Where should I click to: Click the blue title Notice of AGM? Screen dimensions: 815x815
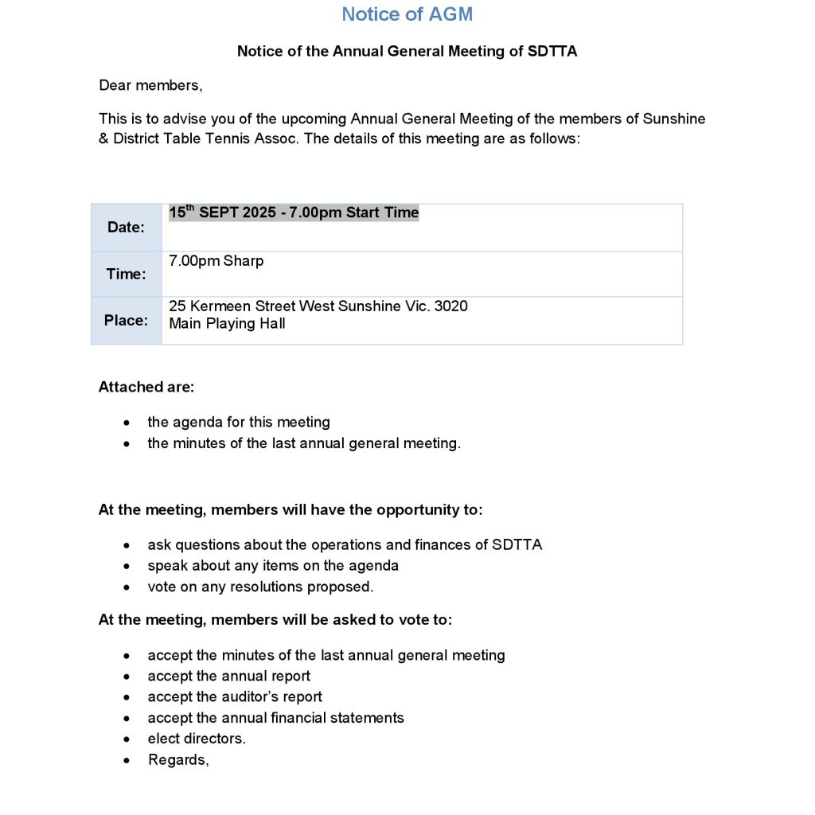tap(407, 14)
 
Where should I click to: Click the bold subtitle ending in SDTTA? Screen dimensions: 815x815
tap(407, 52)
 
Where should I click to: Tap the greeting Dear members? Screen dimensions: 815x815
tap(150, 85)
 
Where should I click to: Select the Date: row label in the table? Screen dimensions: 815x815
tap(126, 228)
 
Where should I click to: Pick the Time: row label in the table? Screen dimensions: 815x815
tap(126, 274)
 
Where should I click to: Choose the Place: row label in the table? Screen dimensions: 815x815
tap(126, 320)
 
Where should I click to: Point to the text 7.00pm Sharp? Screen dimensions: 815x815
tap(216, 261)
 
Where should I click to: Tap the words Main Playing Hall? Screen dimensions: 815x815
tap(227, 324)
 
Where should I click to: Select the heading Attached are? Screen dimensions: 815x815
tap(146, 388)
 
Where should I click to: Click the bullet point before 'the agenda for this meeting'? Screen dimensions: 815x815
tap(127, 423)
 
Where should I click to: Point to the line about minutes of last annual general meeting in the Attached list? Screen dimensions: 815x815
tap(303, 443)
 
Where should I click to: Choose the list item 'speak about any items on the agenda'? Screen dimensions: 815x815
tap(273, 566)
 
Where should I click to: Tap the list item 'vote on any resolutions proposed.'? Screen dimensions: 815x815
tap(260, 587)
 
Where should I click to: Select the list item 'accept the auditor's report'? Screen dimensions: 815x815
tap(235, 697)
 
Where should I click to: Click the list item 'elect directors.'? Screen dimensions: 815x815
tap(197, 739)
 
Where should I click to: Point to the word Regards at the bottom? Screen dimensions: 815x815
tap(178, 760)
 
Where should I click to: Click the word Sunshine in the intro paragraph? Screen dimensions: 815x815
tap(676, 119)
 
